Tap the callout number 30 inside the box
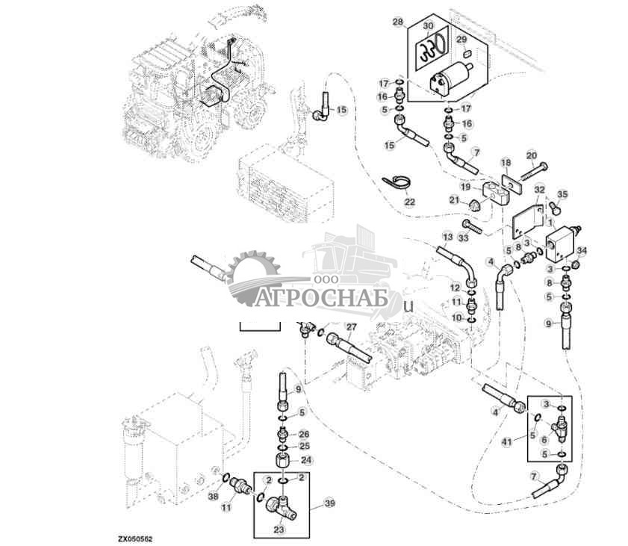pos(427,26)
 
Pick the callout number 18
pos(506,163)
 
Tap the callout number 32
pos(539,190)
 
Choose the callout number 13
pos(447,237)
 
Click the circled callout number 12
pos(454,288)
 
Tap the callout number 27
pos(352,326)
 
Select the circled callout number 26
pos(303,434)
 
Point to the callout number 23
pos(279,530)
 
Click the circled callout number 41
pos(508,443)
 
